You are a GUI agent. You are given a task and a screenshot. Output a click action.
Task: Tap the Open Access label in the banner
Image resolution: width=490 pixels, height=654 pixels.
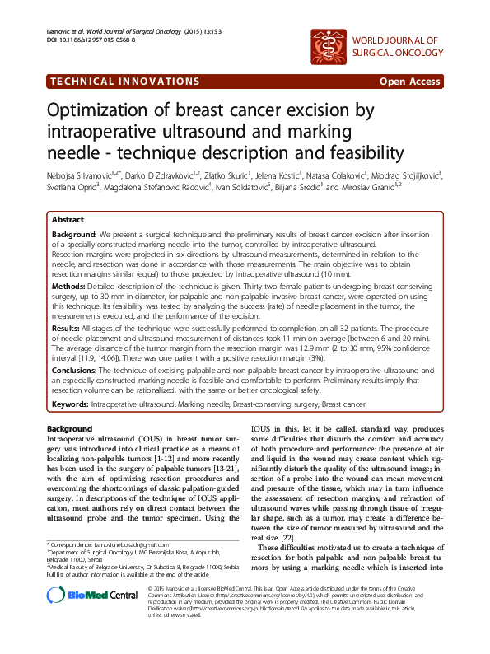[409, 82]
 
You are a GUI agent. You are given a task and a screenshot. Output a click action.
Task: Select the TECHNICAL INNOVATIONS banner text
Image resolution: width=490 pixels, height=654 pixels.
[124, 82]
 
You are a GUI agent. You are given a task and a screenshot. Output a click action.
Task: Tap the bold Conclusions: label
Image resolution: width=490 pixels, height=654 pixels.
[76, 372]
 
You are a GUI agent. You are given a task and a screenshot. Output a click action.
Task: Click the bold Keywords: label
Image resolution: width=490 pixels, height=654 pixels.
[71, 404]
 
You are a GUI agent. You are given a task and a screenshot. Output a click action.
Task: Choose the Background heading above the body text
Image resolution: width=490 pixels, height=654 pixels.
[69, 429]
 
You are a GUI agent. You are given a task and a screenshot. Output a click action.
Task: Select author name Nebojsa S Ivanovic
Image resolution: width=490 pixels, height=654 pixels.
[84, 175]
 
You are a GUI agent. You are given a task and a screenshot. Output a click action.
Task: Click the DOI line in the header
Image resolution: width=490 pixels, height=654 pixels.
[84, 40]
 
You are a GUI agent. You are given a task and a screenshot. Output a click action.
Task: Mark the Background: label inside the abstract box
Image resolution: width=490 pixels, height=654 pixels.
[75, 235]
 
